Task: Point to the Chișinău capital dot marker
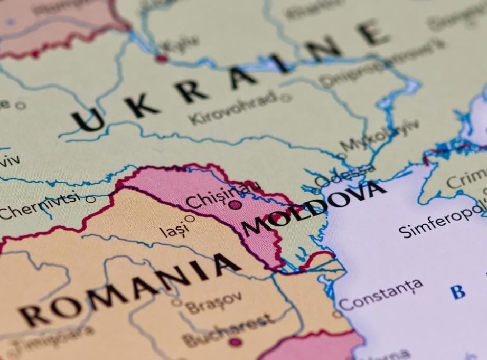tap(235, 205)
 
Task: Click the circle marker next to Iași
tap(189, 218)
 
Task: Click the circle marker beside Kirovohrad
tap(286, 98)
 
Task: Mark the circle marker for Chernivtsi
tap(91, 199)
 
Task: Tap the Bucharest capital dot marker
tap(235, 342)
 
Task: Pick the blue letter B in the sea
tap(457, 292)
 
